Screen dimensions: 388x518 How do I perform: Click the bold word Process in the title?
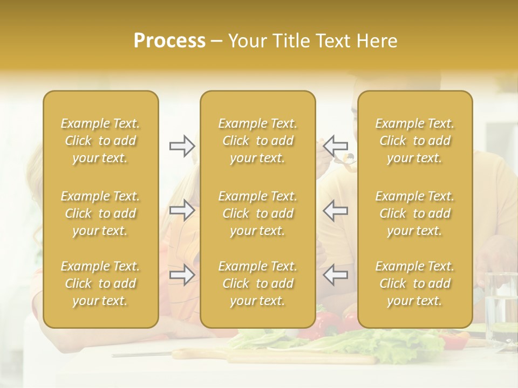pyautogui.click(x=169, y=41)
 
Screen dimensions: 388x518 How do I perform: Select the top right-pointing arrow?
pyautogui.click(x=182, y=146)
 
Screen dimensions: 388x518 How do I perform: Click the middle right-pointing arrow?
pyautogui.click(x=182, y=211)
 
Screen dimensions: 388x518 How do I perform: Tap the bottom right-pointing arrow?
pyautogui.click(x=182, y=275)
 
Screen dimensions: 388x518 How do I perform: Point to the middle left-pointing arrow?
pyautogui.click(x=336, y=211)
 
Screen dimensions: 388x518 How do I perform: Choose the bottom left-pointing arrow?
pyautogui.click(x=336, y=275)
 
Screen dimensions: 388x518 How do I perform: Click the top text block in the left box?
pyautogui.click(x=100, y=141)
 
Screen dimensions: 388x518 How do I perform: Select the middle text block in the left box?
pyautogui.click(x=100, y=213)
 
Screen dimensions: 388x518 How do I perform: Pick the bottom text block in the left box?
pyautogui.click(x=100, y=283)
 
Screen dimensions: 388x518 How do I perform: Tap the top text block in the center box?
pyautogui.click(x=258, y=141)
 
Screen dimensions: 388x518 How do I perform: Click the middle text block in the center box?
pyautogui.click(x=258, y=213)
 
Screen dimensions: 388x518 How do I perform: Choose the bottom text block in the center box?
pyautogui.click(x=258, y=283)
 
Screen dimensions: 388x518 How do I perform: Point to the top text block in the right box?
pyautogui.click(x=415, y=141)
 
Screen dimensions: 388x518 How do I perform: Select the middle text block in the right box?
pyautogui.click(x=415, y=213)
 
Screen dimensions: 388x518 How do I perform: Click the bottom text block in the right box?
pyautogui.click(x=415, y=283)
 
